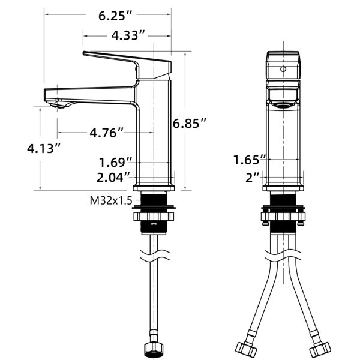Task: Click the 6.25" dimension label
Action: click(115, 16)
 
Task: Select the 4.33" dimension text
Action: click(128, 35)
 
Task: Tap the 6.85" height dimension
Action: click(190, 124)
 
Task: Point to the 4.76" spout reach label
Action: click(107, 133)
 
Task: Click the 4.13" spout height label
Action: click(44, 148)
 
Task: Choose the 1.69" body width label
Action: click(115, 162)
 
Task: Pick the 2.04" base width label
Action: click(113, 177)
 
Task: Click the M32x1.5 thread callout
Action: click(111, 200)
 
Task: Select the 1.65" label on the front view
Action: click(250, 160)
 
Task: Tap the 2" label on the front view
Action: click(252, 178)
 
